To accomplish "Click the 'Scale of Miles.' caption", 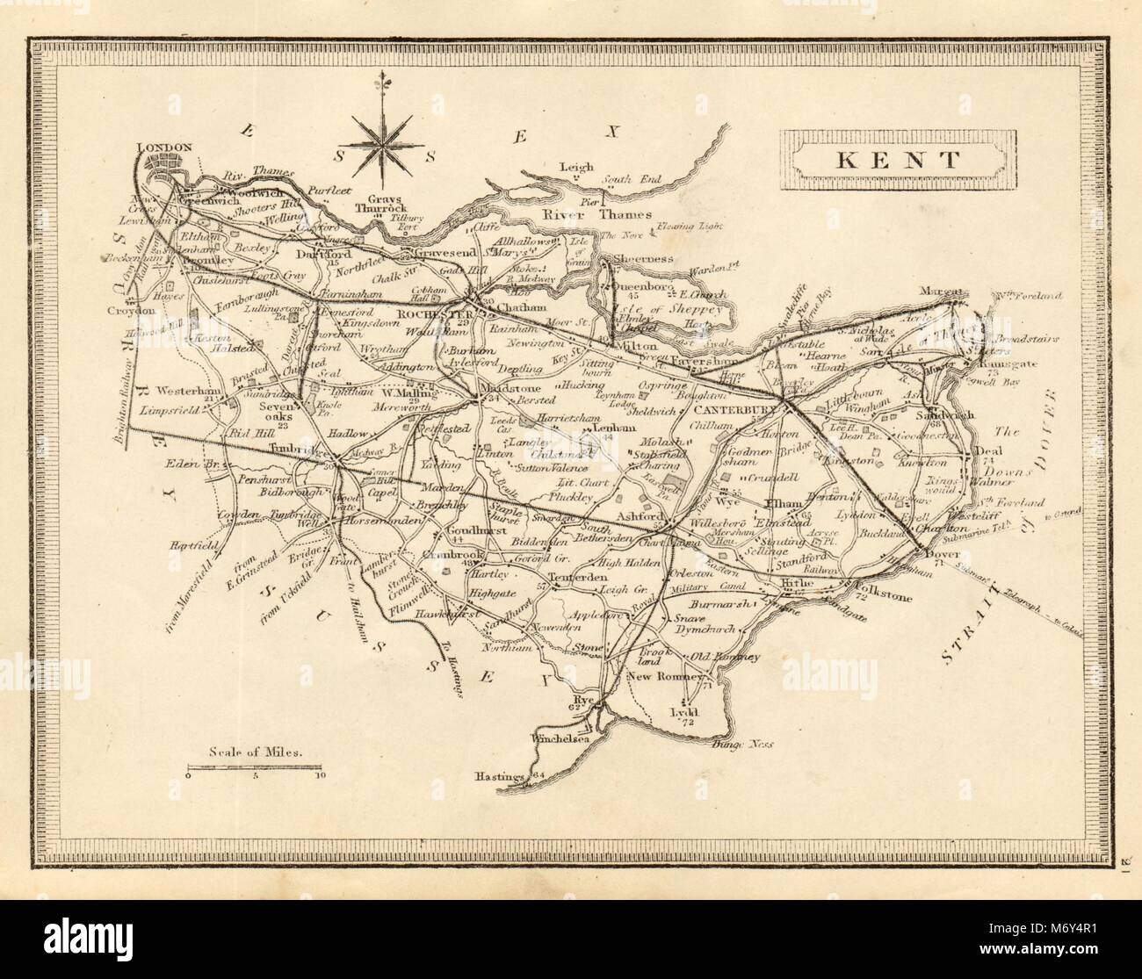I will coord(256,752).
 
